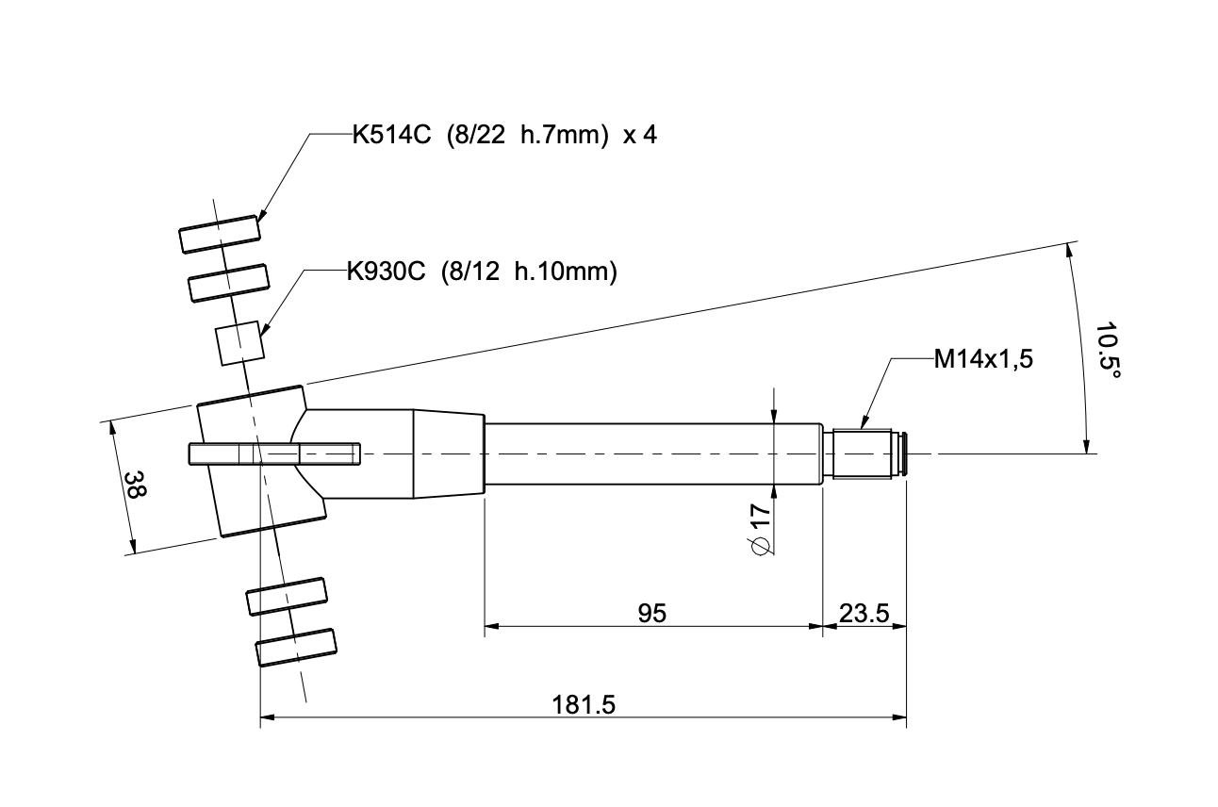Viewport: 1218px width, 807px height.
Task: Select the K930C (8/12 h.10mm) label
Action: point(481,272)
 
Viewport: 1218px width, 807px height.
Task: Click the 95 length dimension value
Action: point(651,614)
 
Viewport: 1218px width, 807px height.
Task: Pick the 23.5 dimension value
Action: point(864,614)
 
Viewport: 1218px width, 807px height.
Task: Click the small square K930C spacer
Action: point(239,343)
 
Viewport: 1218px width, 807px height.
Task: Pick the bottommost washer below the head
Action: point(297,648)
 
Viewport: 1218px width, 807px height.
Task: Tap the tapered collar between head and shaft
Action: point(449,454)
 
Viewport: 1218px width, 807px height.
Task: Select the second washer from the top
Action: point(230,283)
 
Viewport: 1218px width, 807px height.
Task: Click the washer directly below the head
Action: point(287,596)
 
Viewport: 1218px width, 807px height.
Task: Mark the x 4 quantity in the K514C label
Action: point(639,135)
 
